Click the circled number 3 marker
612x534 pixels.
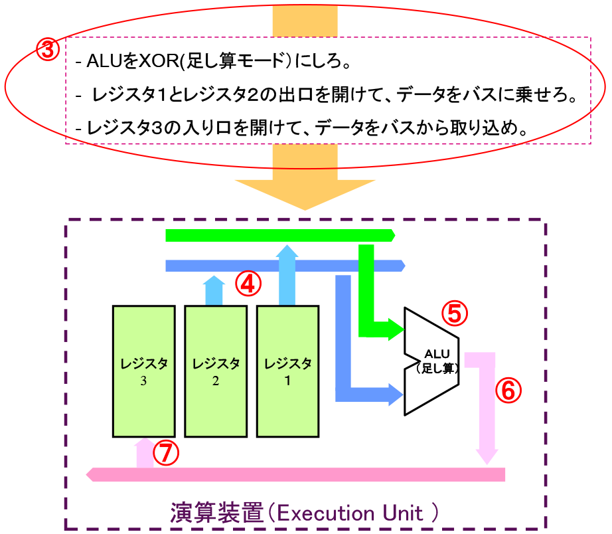point(47,50)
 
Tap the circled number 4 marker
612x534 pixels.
point(247,284)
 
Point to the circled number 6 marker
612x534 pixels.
point(508,391)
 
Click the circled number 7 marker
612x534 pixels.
point(166,454)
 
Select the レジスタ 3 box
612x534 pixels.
point(143,371)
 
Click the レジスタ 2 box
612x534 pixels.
point(215,371)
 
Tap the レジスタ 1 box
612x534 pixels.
point(287,371)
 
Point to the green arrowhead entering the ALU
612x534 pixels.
point(398,329)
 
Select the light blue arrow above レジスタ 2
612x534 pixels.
point(214,290)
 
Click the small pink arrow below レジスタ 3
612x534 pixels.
point(144,452)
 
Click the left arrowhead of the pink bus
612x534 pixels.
point(92,474)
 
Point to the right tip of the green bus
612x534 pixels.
point(393,235)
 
